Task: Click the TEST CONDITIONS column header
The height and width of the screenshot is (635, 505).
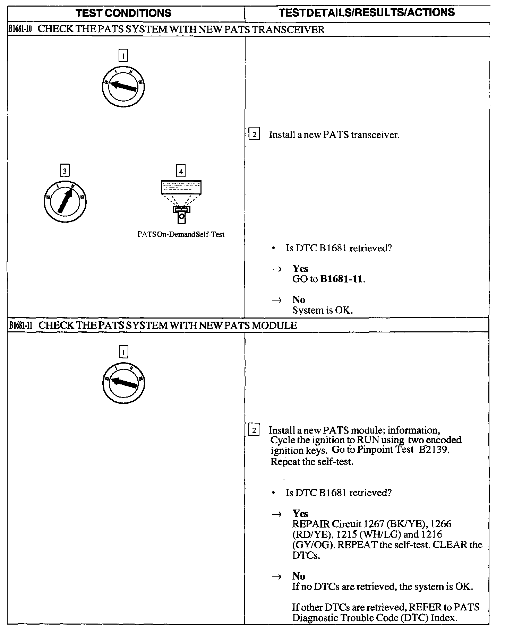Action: (123, 14)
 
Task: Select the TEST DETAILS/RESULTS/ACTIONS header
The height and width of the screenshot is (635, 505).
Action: (367, 13)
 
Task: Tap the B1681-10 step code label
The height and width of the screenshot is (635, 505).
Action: (20, 29)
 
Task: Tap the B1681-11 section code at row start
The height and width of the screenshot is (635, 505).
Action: (21, 325)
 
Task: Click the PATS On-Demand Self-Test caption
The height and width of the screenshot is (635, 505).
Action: (181, 235)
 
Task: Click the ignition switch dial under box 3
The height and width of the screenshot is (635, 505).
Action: (65, 202)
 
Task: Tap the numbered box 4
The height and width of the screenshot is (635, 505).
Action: (181, 171)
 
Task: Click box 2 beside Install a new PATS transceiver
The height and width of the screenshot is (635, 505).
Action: (254, 134)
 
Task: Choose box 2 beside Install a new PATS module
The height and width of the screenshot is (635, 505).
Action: (254, 430)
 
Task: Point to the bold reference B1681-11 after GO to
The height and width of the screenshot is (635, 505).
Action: (342, 279)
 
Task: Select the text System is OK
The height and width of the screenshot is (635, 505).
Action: (323, 310)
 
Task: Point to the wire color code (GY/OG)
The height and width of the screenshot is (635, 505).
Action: (314, 545)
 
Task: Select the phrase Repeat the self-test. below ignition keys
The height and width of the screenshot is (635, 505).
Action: (312, 462)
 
